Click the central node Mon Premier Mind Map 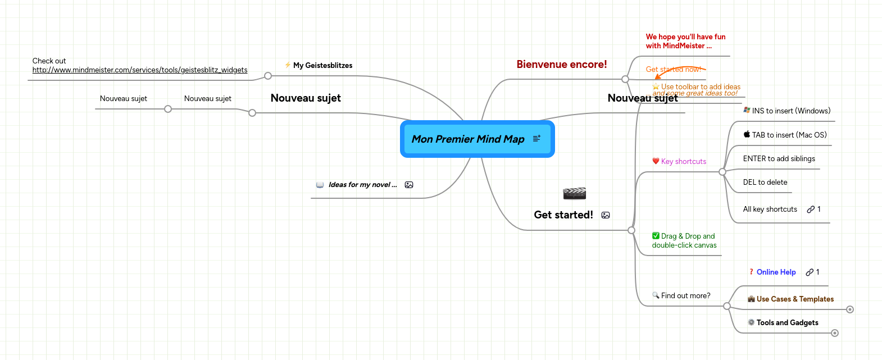467,139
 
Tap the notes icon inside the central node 537,138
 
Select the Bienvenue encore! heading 561,65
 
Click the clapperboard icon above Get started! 574,194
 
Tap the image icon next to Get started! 606,215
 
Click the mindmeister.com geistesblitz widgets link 139,70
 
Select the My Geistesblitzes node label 322,66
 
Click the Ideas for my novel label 362,185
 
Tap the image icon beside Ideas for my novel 409,185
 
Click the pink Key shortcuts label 683,162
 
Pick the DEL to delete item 765,183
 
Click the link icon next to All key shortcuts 811,209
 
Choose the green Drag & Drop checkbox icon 656,236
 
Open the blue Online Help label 776,272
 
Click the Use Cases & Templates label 794,299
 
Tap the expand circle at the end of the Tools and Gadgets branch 835,333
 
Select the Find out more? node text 685,296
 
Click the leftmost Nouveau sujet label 123,99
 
